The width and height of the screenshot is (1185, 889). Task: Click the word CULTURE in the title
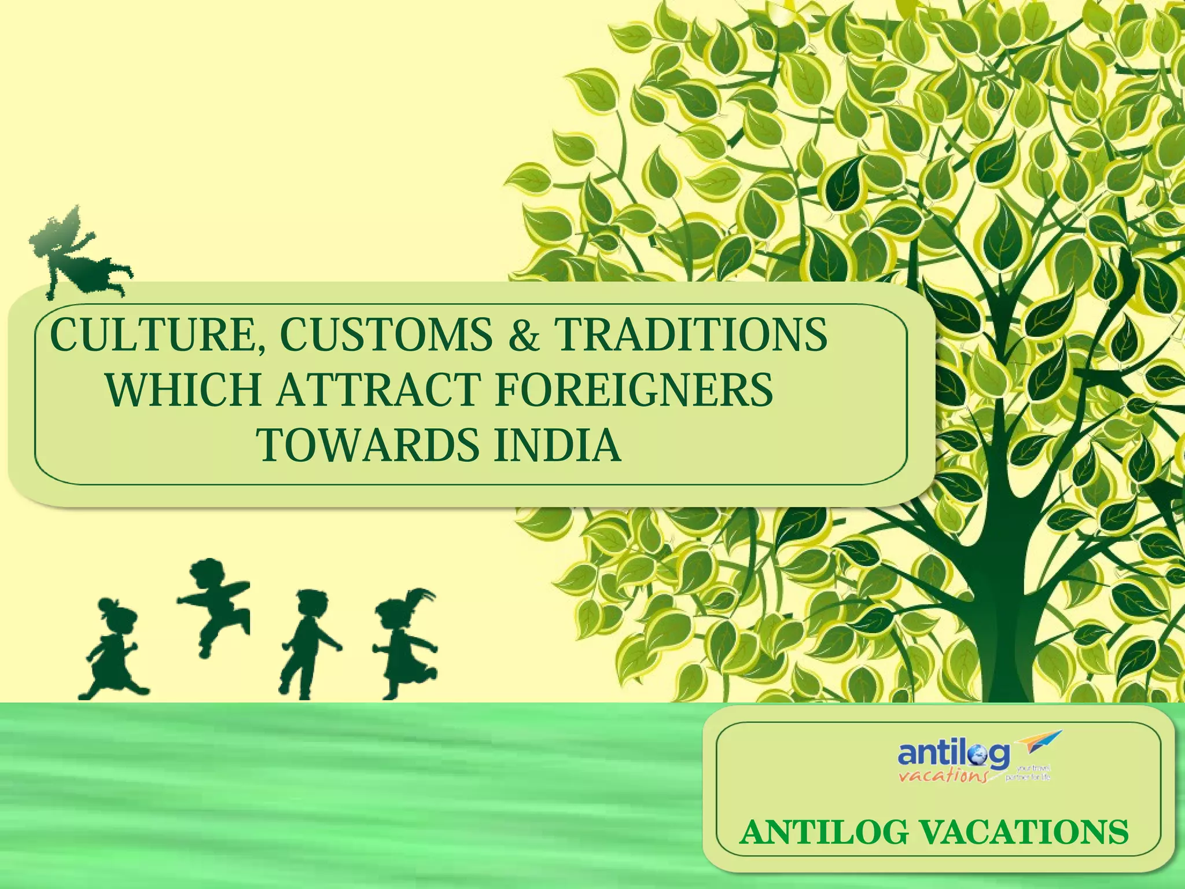tap(152, 335)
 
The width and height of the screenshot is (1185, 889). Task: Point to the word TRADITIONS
tap(690, 335)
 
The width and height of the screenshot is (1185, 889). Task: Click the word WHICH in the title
tap(183, 390)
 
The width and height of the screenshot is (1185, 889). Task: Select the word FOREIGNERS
tap(634, 390)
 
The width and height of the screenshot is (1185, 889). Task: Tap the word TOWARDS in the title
tap(368, 445)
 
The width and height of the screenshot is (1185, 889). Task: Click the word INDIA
tap(557, 445)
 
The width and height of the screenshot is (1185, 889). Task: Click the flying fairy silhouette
tap(75, 255)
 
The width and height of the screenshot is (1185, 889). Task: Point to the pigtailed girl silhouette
tap(405, 642)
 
